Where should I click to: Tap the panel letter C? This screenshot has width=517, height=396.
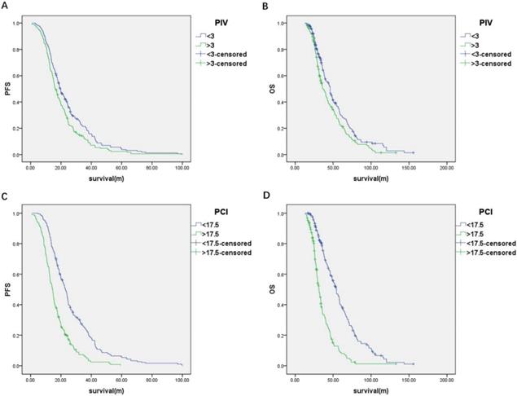pyautogui.click(x=7, y=196)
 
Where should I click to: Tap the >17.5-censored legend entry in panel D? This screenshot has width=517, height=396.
pyautogui.click(x=489, y=253)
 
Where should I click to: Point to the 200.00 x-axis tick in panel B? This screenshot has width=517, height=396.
pyautogui.click(x=446, y=166)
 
